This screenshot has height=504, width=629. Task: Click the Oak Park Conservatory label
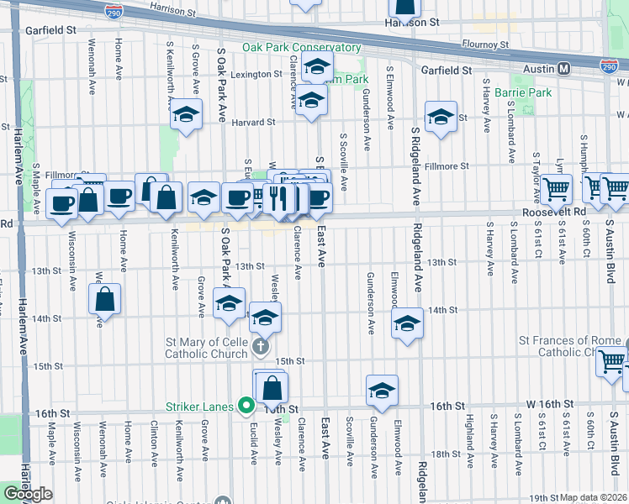[x=301, y=48]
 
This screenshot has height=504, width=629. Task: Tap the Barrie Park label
[x=522, y=92]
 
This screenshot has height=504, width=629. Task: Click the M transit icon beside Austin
[x=563, y=68]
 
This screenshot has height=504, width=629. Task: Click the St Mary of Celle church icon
[x=261, y=345]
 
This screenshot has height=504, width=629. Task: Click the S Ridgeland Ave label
[x=415, y=168]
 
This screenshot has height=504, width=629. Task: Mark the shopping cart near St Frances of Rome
[x=611, y=362]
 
